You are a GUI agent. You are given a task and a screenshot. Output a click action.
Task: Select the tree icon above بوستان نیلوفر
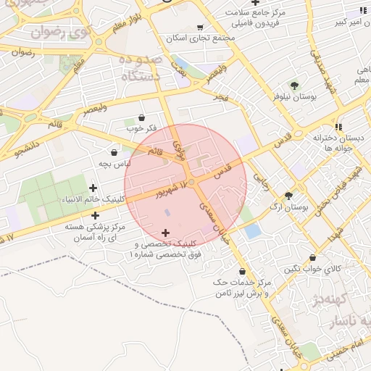[293, 86]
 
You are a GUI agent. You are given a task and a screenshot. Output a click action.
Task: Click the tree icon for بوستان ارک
[288, 195]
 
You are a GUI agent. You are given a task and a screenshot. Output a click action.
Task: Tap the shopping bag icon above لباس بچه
[114, 152]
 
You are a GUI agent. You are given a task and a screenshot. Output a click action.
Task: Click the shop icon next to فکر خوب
[141, 117]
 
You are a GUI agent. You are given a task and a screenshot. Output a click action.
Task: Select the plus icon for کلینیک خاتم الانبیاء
[93, 188]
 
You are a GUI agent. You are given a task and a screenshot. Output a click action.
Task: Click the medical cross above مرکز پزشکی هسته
[96, 215]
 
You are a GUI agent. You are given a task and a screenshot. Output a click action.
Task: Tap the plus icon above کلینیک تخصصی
[166, 233]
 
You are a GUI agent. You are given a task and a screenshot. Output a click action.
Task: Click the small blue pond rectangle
[252, 231]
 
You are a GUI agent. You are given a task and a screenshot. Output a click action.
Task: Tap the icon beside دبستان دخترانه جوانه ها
[338, 127]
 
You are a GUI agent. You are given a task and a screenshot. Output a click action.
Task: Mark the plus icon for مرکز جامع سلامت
[254, 3]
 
